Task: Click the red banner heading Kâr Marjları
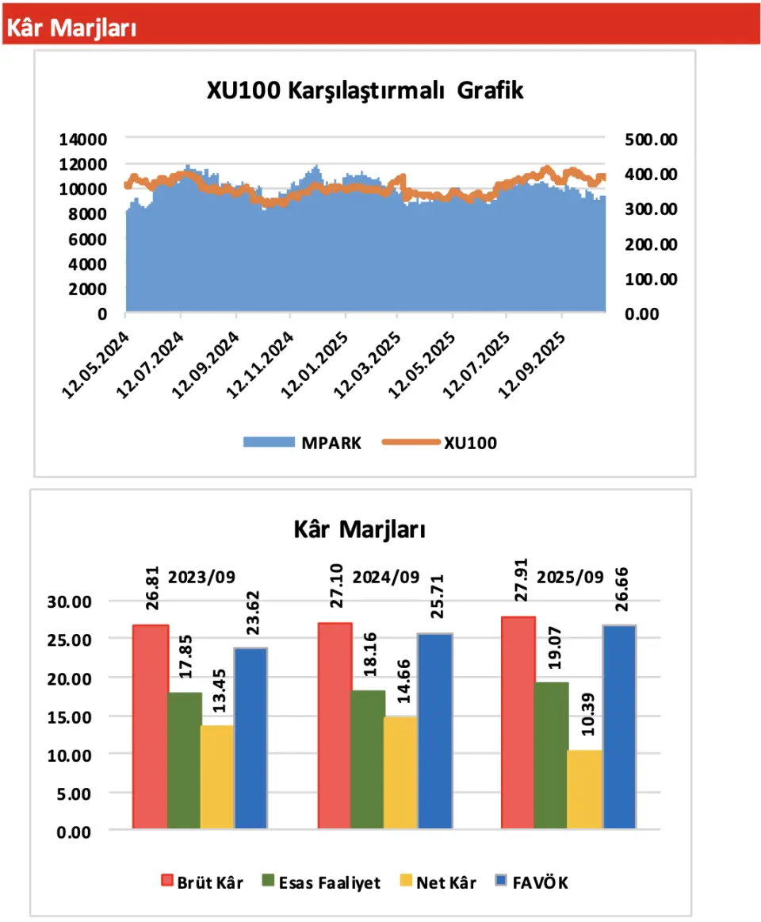(x=72, y=28)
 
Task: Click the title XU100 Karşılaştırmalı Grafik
(x=365, y=90)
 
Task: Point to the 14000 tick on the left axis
(x=83, y=140)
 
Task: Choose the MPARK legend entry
(x=301, y=444)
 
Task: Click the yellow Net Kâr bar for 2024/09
(x=400, y=773)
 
